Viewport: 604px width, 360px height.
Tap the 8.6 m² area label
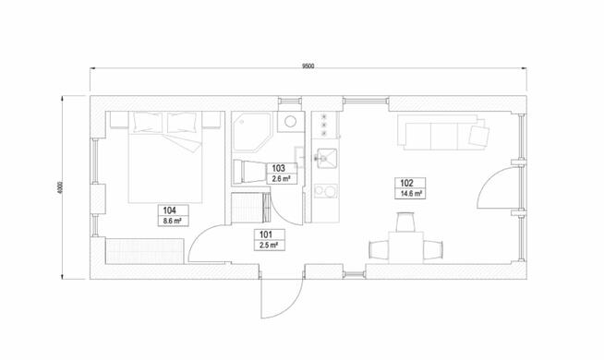(171, 222)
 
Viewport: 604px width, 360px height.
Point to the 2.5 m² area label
(266, 245)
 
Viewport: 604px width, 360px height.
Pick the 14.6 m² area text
(411, 194)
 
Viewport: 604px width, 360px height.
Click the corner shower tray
(250, 133)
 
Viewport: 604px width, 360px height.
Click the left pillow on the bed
(147, 120)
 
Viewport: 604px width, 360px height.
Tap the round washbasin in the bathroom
(289, 121)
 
